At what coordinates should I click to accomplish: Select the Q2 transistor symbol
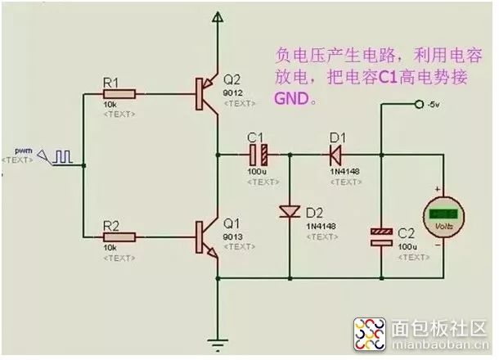pos(205,94)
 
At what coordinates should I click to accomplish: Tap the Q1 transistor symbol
pos(205,236)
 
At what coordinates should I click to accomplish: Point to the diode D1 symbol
pos(335,154)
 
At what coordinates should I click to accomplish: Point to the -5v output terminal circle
pos(419,104)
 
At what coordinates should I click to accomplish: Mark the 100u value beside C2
pos(407,245)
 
